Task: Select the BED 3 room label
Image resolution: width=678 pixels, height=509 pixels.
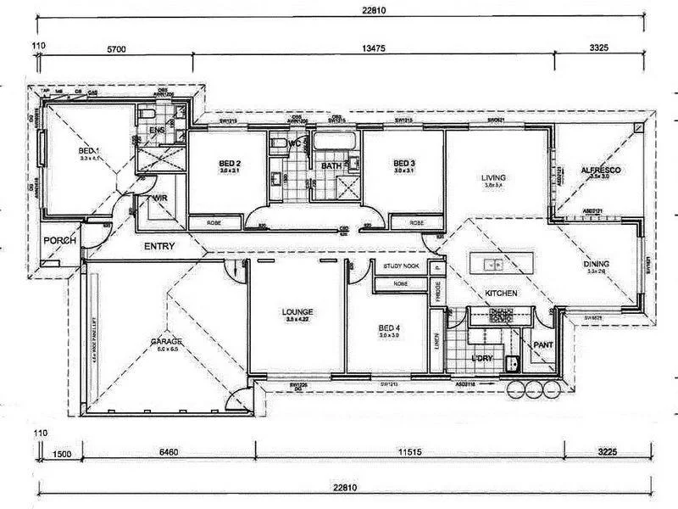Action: click(403, 164)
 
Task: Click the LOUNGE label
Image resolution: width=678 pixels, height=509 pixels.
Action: click(297, 311)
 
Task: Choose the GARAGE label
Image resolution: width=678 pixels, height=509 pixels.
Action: click(166, 341)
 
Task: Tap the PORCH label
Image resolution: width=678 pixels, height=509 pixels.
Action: click(60, 241)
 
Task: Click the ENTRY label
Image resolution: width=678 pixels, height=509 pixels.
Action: click(159, 247)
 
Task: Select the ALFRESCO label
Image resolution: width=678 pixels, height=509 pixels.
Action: click(600, 171)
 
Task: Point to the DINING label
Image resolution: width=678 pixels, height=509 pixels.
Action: click(596, 264)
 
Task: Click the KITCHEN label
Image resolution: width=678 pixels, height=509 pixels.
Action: click(501, 293)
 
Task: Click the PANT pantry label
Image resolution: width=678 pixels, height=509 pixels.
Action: click(542, 345)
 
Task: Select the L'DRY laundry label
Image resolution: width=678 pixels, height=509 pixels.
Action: click(481, 359)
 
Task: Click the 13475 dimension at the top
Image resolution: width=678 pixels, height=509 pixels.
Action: click(373, 50)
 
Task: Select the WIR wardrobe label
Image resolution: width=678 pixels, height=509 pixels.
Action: click(158, 199)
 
